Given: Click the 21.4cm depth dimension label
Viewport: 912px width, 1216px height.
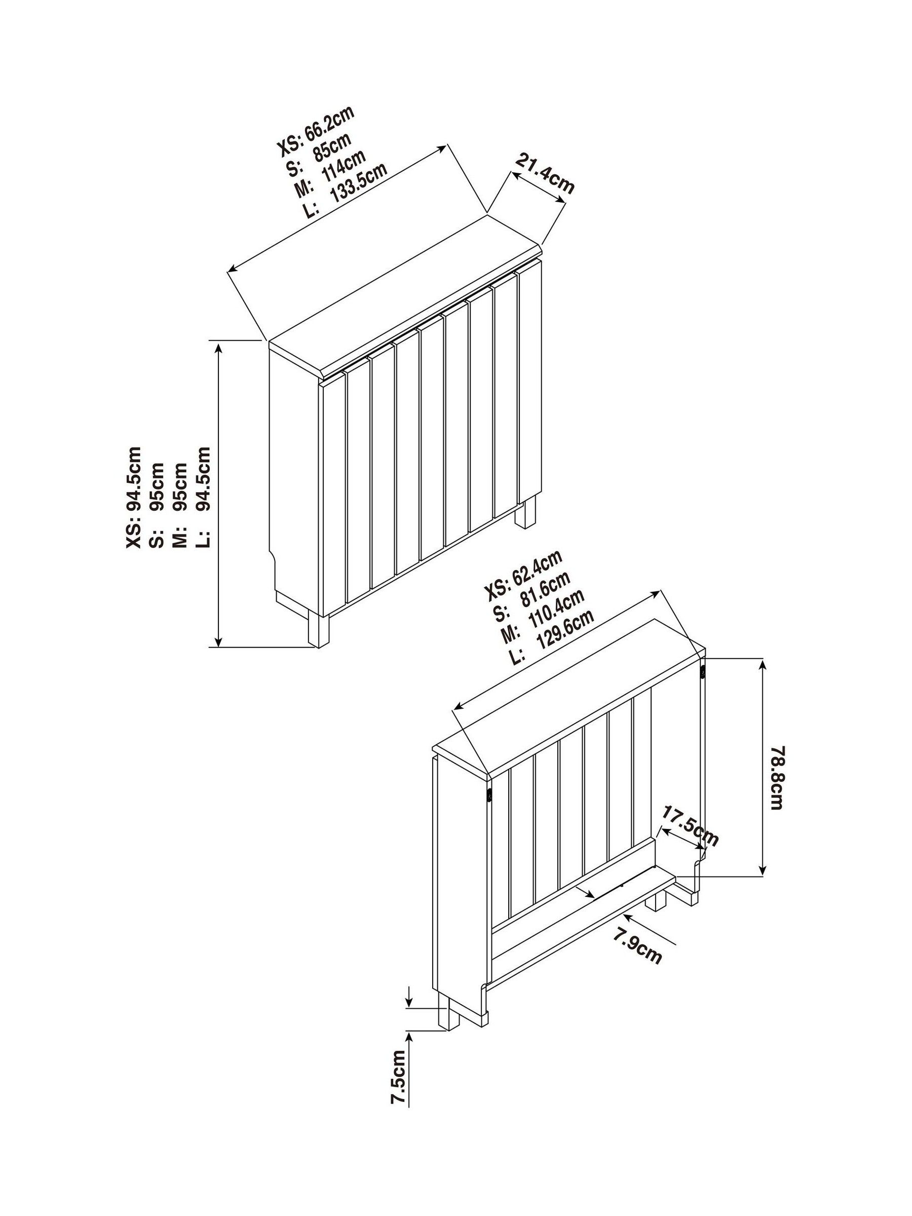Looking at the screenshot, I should (544, 174).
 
